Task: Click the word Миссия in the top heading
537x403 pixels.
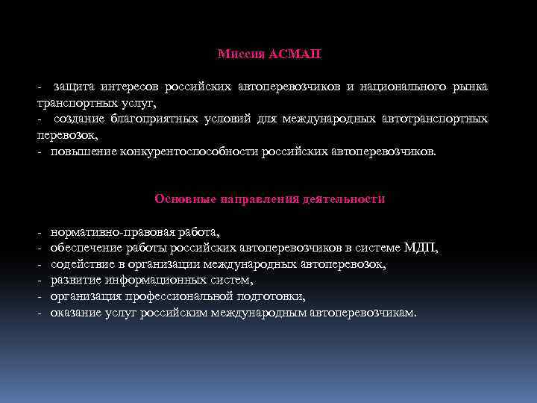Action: pos(236,54)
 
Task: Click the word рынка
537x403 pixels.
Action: pos(470,87)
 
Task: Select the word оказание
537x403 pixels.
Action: pos(76,312)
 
